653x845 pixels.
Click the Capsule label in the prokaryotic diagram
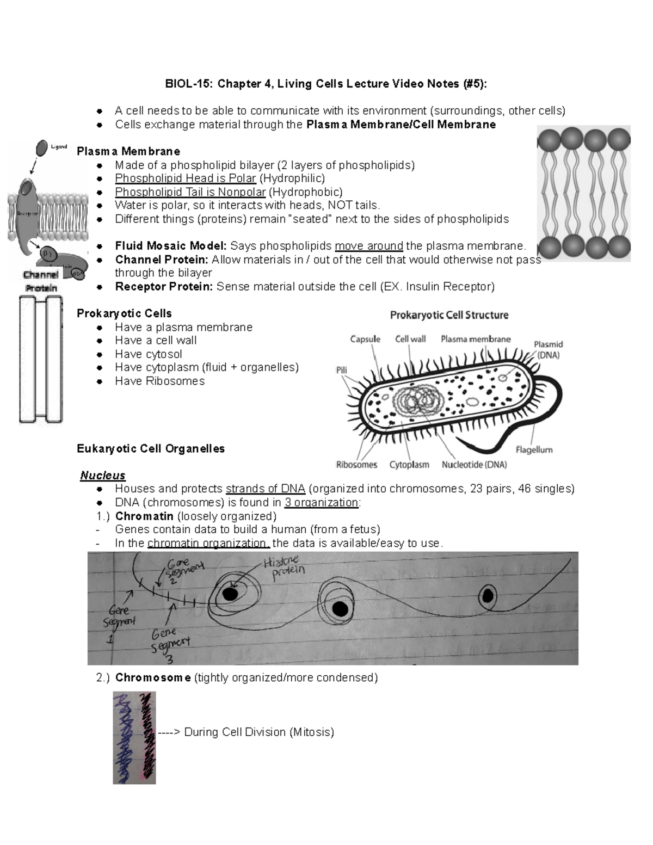pos(365,339)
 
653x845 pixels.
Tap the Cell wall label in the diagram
pos(410,339)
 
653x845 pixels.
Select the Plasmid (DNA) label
pos(548,349)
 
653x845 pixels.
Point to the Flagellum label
pos(534,450)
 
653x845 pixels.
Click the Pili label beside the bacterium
pos(341,370)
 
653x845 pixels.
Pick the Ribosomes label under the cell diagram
pos(356,465)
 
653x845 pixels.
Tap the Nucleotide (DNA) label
pos(474,465)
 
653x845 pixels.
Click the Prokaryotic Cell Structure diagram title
pos(449,315)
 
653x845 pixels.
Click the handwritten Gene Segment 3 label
pos(170,645)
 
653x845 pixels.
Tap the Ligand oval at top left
pos(42,147)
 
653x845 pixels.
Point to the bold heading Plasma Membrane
pos(128,151)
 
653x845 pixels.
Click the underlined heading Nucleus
pos(103,476)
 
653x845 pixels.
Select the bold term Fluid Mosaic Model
pos(170,246)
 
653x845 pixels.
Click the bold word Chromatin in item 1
pos(144,516)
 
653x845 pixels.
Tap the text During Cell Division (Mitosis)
pos(258,732)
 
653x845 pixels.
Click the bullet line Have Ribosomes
pos(159,381)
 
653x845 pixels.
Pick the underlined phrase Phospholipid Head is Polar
pos(185,178)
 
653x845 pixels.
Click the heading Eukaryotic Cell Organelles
pos(151,448)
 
